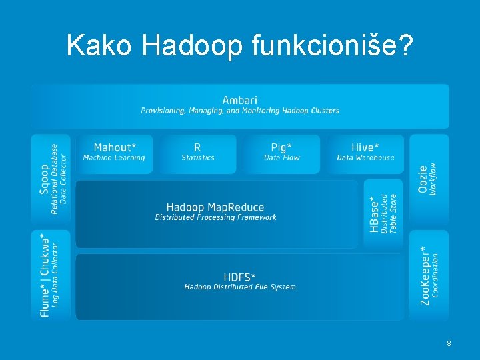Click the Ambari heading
click(x=239, y=100)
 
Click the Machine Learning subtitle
click(x=113, y=158)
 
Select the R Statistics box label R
click(x=197, y=147)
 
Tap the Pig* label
click(x=281, y=147)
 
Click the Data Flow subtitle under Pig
click(x=281, y=158)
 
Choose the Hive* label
click(x=365, y=147)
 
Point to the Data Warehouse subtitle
click(x=365, y=158)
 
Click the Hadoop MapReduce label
click(x=215, y=207)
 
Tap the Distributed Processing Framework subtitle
click(x=215, y=217)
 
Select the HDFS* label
click(x=240, y=277)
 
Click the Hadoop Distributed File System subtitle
click(x=240, y=287)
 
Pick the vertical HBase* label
click(x=375, y=213)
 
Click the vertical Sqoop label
click(x=44, y=179)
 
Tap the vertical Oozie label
click(x=423, y=179)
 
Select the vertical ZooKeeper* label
click(x=425, y=275)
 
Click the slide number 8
click(x=449, y=343)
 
